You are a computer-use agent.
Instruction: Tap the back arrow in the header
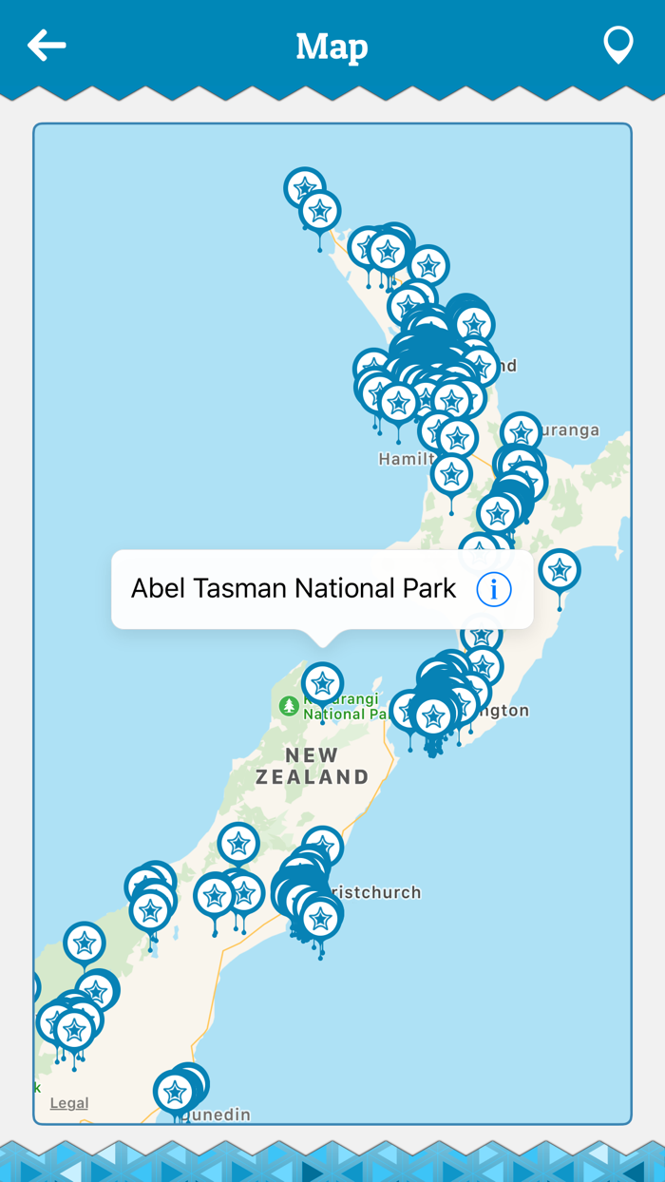point(47,45)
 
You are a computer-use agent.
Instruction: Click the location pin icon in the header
point(618,45)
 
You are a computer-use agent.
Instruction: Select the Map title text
point(332,46)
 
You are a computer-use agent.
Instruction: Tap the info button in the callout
point(494,589)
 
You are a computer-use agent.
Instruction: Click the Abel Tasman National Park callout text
point(294,589)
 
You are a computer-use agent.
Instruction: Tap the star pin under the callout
point(323,683)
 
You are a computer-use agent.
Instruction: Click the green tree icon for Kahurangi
point(289,706)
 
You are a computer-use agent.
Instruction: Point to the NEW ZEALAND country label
point(313,766)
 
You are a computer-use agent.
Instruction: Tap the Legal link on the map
point(69,1103)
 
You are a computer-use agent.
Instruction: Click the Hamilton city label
point(404,460)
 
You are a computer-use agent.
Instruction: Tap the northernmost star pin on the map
point(305,188)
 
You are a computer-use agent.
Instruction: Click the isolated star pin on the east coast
point(560,570)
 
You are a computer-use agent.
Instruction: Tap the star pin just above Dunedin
point(175,1092)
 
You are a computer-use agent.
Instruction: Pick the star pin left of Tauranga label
point(522,432)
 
